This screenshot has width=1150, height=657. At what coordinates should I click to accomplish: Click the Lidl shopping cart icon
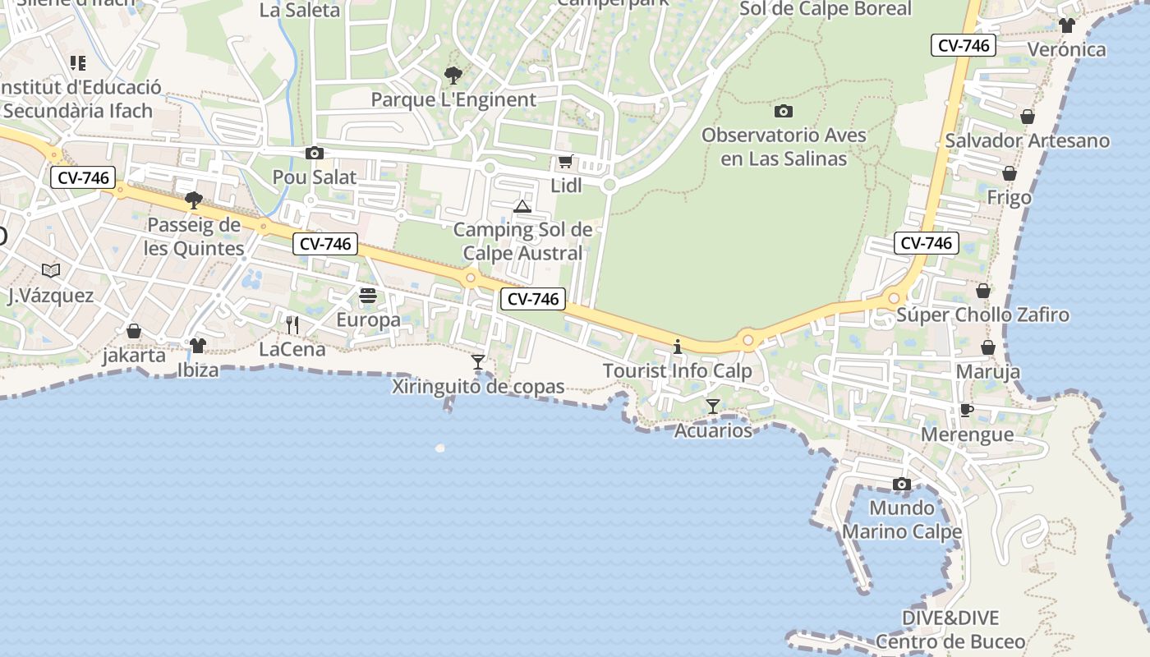[565, 162]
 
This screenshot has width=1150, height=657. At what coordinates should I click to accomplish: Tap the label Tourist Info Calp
[678, 371]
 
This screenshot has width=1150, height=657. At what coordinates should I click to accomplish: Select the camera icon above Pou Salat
[314, 153]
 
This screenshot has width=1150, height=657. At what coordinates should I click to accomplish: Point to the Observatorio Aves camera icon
[784, 111]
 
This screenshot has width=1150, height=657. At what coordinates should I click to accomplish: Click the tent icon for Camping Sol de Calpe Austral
[522, 206]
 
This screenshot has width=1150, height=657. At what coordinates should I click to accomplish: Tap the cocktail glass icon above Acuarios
[713, 407]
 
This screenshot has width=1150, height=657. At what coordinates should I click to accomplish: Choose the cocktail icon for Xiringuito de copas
[478, 362]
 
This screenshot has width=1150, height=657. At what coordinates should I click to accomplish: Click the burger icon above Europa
[368, 296]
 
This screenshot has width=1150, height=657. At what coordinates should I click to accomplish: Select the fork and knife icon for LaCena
[292, 325]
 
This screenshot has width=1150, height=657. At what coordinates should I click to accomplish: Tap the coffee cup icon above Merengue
[967, 410]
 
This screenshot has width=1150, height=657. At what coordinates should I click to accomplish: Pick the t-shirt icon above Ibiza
[197, 346]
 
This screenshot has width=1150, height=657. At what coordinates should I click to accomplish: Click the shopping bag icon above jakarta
[134, 331]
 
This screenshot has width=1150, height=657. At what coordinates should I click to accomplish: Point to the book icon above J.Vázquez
[51, 270]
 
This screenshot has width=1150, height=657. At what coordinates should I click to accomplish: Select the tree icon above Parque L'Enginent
[453, 76]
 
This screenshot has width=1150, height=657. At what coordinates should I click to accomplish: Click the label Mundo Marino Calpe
[902, 520]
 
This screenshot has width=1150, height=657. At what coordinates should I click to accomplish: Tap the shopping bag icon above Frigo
[1010, 173]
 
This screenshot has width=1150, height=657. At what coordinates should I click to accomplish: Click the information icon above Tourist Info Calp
[678, 347]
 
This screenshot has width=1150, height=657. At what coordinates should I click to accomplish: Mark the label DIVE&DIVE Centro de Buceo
[950, 630]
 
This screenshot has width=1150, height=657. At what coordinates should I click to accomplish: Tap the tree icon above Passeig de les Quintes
[194, 200]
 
